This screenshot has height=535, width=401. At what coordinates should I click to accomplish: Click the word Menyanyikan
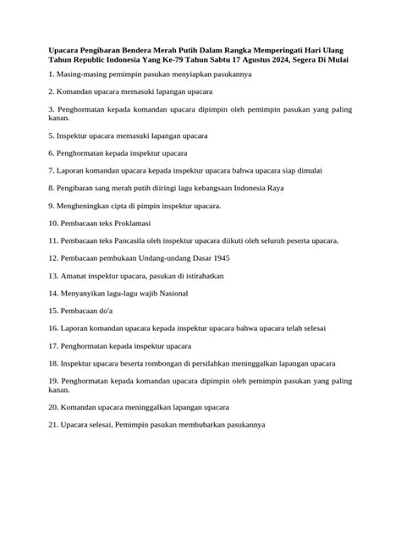85,294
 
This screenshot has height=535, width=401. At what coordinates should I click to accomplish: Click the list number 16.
52,328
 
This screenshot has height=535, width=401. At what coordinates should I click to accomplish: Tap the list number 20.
52,406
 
